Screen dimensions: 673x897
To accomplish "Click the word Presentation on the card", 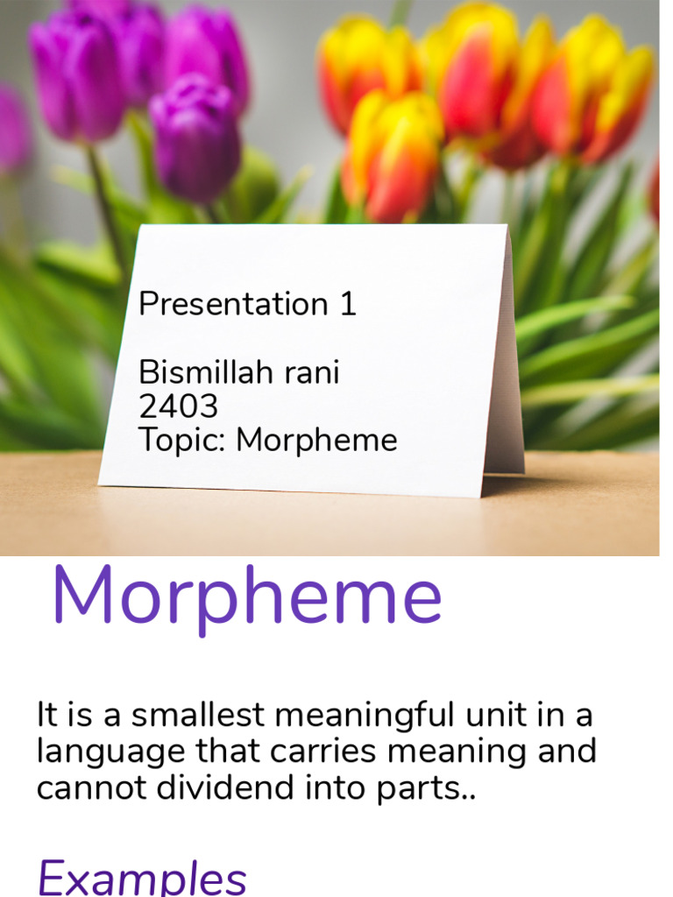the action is pos(233,303).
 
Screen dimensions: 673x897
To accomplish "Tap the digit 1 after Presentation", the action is pos(348,303).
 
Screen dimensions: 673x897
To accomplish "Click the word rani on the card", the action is pos(313,371).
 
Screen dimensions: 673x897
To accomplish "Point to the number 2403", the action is pos(179,406).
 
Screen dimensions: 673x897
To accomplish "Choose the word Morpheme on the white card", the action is pos(316,441).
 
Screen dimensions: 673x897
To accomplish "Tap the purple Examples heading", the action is pos(142,878).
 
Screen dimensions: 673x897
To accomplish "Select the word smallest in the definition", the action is pos(198,715).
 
